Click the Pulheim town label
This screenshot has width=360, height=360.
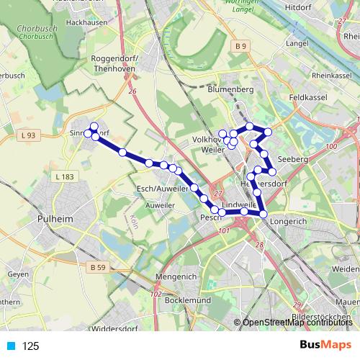click(x=55, y=215)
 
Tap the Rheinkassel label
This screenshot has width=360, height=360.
click(x=332, y=76)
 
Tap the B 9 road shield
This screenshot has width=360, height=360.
click(x=240, y=47)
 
